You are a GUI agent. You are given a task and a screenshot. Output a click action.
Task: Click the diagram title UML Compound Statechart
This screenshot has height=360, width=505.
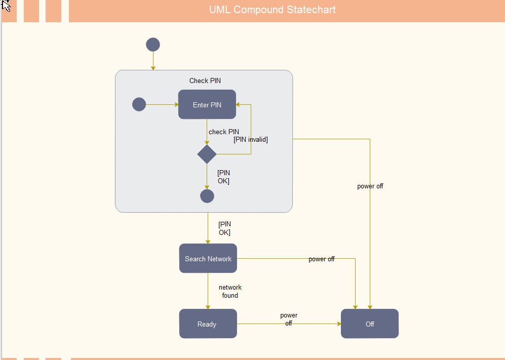(x=273, y=10)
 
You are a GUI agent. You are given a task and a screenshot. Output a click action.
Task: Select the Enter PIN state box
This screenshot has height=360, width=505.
(x=207, y=105)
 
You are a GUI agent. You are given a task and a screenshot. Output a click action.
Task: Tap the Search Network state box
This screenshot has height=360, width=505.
(x=208, y=259)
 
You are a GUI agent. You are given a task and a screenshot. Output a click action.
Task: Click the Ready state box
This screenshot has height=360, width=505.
(x=208, y=324)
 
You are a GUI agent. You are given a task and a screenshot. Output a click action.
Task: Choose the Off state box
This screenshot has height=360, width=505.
(x=370, y=324)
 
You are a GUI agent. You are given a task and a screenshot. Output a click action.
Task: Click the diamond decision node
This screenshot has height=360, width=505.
(x=207, y=154)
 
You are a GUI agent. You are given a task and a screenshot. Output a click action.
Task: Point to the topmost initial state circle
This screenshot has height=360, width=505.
(x=153, y=45)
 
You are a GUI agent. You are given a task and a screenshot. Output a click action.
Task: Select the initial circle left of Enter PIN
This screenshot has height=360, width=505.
(x=139, y=104)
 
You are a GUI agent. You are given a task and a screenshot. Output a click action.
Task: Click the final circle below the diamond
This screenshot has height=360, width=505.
(x=207, y=196)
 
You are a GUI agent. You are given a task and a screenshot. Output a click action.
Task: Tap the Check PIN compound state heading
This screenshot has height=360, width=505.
(x=205, y=81)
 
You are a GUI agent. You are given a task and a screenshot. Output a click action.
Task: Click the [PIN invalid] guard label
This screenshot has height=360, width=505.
(x=251, y=139)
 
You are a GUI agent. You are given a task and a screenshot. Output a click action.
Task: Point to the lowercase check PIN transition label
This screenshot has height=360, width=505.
(x=224, y=132)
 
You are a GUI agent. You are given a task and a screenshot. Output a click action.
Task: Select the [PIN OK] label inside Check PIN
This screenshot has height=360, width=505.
(x=223, y=177)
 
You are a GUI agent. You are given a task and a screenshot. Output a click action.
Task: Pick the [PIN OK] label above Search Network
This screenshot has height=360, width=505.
(x=224, y=228)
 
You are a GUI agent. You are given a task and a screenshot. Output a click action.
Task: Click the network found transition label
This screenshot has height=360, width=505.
(x=230, y=291)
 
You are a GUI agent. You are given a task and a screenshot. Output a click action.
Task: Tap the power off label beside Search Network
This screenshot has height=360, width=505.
(x=322, y=259)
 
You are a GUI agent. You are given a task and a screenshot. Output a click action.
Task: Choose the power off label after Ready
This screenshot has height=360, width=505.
(x=289, y=319)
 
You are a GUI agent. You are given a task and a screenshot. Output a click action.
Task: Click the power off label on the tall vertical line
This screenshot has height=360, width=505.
(x=370, y=186)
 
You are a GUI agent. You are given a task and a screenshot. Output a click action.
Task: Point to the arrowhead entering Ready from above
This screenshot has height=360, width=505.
(x=208, y=306)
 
